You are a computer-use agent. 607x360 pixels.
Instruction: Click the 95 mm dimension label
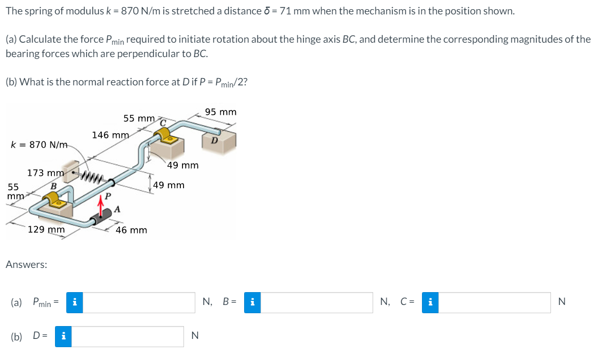pos(220,112)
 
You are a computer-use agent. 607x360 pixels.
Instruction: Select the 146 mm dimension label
pos(111,135)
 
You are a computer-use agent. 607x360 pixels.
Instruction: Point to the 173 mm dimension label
pos(45,173)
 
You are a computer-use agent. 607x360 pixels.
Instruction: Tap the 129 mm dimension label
pos(46,230)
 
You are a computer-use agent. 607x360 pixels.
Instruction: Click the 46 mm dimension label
pos(131,230)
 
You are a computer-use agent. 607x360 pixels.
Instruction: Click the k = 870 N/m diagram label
pos(39,145)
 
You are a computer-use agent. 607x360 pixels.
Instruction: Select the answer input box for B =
pos(319,302)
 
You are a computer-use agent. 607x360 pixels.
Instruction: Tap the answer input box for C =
pos(494,302)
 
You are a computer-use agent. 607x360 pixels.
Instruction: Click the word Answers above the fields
pos(26,264)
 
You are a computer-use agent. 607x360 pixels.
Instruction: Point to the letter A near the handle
pos(117,209)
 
